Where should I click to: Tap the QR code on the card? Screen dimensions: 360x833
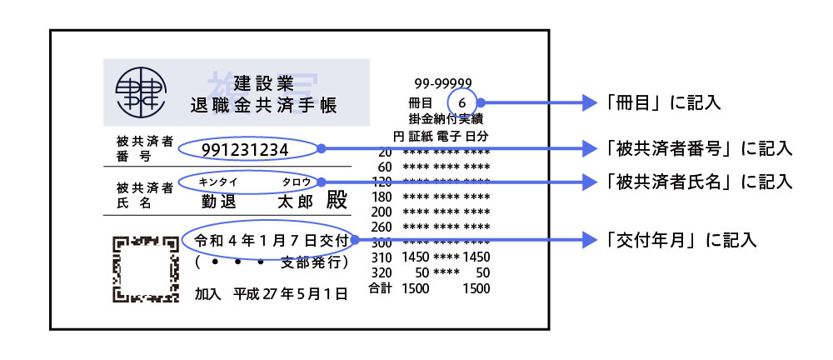146,268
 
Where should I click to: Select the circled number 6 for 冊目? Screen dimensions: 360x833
463,102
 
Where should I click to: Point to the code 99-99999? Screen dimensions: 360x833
443,83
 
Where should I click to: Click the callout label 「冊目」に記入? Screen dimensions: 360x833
663,103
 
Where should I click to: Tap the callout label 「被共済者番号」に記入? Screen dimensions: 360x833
698,149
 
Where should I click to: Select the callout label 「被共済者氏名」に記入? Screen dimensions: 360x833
698,181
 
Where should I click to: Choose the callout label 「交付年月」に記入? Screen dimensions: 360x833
681,240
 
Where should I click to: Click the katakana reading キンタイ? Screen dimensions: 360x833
219,181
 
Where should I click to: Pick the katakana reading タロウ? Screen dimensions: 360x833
297,181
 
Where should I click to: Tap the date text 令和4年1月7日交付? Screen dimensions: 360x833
270,240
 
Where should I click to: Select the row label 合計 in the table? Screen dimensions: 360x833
380,288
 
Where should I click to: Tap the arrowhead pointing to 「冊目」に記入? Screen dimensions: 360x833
592,103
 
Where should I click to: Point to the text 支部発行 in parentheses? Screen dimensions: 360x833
312,262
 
